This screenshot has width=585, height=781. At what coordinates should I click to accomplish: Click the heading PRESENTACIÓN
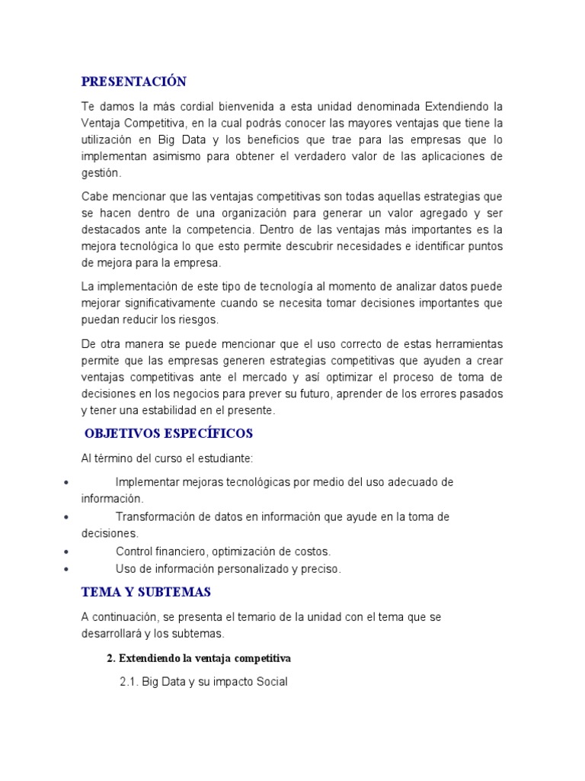pyautogui.click(x=134, y=82)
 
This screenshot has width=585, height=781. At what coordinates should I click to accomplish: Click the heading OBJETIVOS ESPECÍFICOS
pyautogui.click(x=168, y=434)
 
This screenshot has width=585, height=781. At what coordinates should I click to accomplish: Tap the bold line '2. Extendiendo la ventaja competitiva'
pyautogui.click(x=199, y=657)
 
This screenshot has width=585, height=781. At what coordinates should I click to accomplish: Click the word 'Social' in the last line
pyautogui.click(x=271, y=682)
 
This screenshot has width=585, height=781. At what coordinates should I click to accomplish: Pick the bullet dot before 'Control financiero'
pyautogui.click(x=68, y=551)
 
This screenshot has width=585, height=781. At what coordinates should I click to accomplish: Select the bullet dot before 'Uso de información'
pyautogui.click(x=68, y=569)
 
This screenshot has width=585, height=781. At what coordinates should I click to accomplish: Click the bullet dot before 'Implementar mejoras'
pyautogui.click(x=68, y=483)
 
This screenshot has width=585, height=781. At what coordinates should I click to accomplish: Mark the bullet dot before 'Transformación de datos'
pyautogui.click(x=68, y=517)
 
